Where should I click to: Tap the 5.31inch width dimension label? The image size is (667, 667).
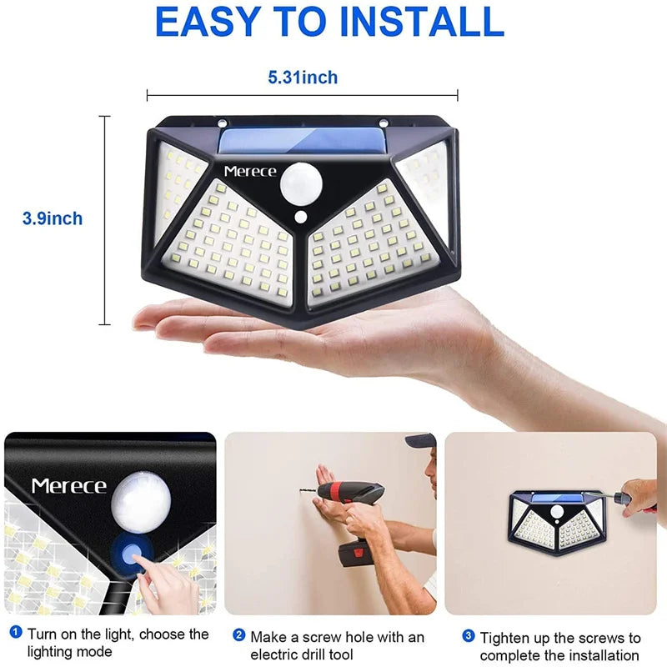coord(303,78)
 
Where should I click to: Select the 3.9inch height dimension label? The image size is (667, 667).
coord(53,219)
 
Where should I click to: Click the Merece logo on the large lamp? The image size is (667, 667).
coord(249,171)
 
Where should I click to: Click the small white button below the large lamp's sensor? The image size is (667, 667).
coord(300,219)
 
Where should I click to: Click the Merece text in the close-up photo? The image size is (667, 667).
coord(68,485)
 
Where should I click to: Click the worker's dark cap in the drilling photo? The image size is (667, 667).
coord(422,440)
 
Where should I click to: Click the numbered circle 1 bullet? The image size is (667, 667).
coord(15,634)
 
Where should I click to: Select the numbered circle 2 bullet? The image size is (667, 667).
coord(239,636)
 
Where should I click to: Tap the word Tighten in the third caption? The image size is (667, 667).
coord(505,638)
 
